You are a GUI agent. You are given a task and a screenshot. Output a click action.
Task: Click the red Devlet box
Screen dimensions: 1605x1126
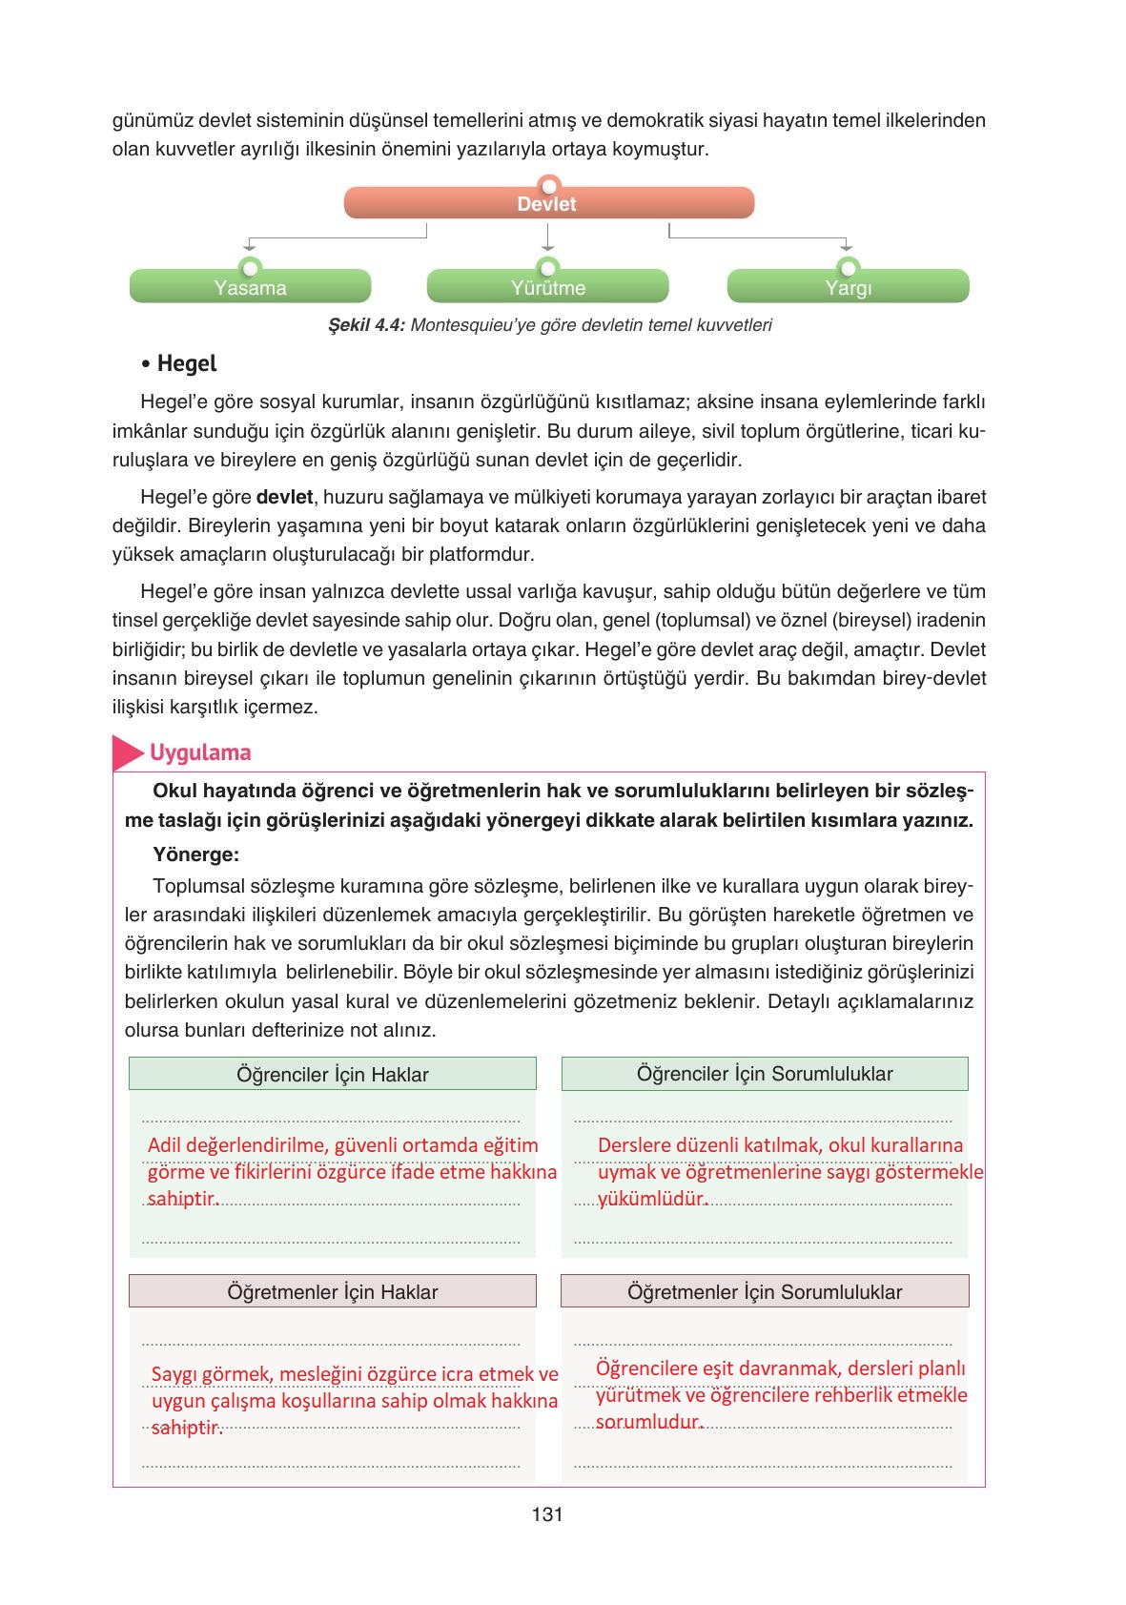pos(548,203)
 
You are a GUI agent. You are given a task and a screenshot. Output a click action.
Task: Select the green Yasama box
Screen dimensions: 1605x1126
pos(250,287)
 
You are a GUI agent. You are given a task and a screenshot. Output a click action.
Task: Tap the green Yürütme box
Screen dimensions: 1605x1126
pos(547,287)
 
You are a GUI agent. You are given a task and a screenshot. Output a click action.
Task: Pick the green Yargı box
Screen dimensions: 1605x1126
pos(848,287)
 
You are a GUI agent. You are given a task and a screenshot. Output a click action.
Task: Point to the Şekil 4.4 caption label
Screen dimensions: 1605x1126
pos(366,325)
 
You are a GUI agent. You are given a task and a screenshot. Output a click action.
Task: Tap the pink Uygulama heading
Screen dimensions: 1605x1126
pos(200,752)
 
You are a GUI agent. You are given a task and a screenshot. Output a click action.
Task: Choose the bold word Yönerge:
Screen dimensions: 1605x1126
pos(195,854)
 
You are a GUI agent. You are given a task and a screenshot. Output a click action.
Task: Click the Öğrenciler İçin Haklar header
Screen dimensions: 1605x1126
pos(332,1074)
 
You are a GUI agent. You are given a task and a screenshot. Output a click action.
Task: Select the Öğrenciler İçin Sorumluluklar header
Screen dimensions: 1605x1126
pos(764,1074)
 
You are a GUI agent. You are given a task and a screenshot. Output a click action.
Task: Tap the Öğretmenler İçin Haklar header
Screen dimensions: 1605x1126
pos(332,1291)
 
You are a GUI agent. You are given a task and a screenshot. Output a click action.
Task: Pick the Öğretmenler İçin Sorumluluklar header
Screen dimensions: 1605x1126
pos(764,1291)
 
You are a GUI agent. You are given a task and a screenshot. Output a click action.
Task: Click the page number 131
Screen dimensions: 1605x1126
pos(547,1514)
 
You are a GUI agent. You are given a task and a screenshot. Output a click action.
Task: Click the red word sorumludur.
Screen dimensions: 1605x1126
pos(648,1422)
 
